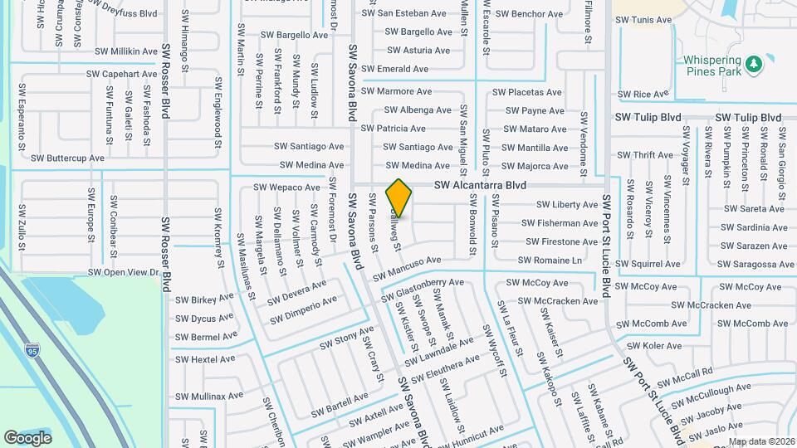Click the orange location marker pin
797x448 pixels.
399,198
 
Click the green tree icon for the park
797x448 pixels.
753,63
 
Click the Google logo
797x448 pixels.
27,437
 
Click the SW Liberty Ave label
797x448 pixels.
567,204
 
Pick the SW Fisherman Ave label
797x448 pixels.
560,223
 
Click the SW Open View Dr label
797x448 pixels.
123,272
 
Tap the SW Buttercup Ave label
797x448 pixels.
67,158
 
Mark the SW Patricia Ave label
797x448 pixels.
394,129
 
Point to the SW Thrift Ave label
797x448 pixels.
645,155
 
